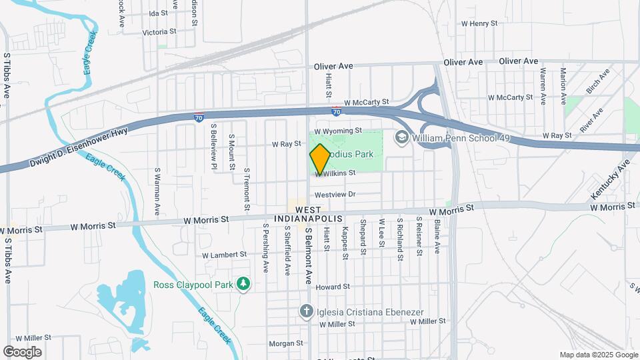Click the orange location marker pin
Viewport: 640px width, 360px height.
320,159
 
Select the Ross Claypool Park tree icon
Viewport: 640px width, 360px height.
244,285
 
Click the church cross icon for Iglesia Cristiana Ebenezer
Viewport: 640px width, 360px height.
305,311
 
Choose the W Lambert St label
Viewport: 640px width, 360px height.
224,255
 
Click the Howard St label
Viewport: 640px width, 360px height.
333,287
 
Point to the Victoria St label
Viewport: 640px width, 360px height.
159,31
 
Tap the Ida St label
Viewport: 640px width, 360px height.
158,13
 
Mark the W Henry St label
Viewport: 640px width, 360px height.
479,23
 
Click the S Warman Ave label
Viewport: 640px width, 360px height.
157,191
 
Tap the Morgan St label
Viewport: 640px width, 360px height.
285,344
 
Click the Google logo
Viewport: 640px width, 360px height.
22,352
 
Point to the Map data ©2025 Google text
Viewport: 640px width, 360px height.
598,355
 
